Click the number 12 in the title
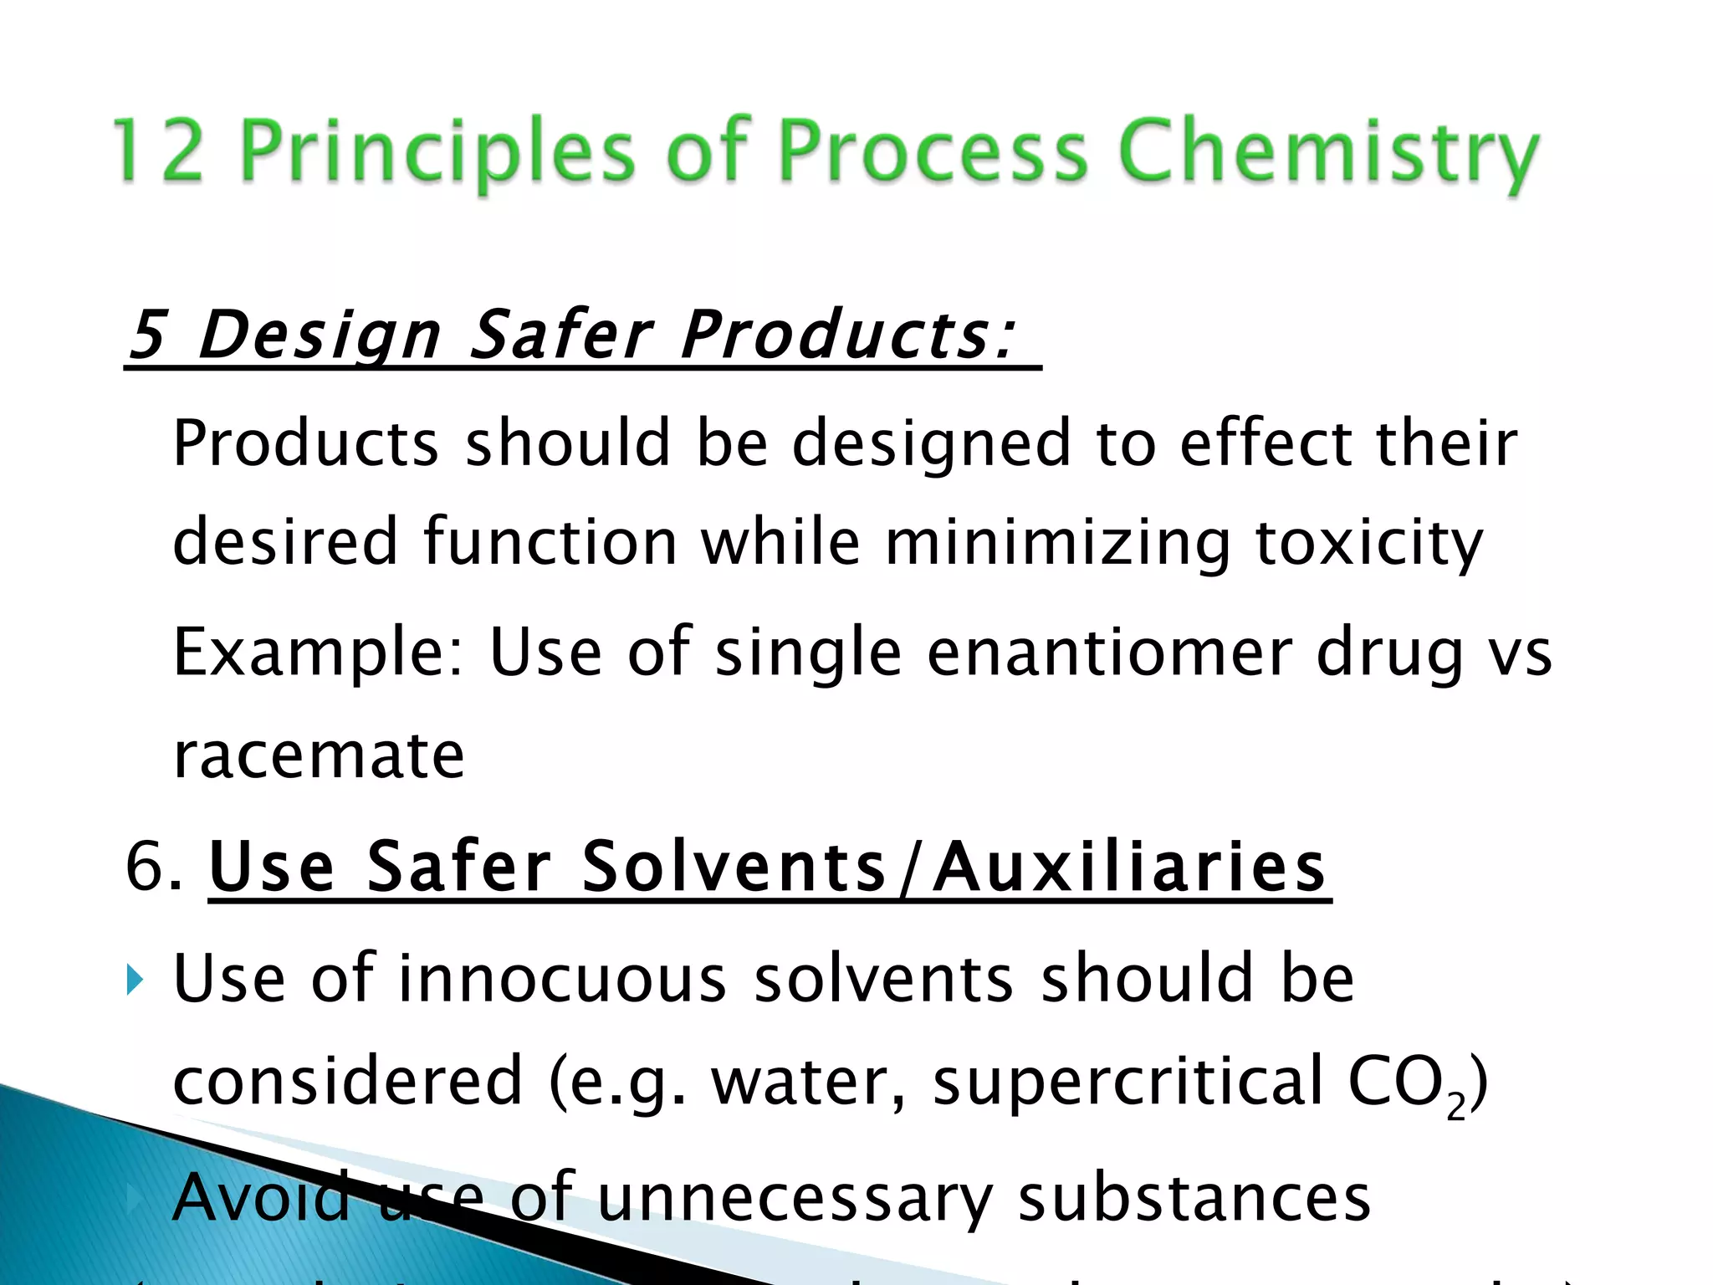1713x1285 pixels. point(159,151)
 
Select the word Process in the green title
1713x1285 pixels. point(933,151)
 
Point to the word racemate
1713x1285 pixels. point(319,755)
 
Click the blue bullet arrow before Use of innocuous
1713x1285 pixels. point(135,979)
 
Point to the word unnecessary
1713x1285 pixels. point(795,1198)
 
